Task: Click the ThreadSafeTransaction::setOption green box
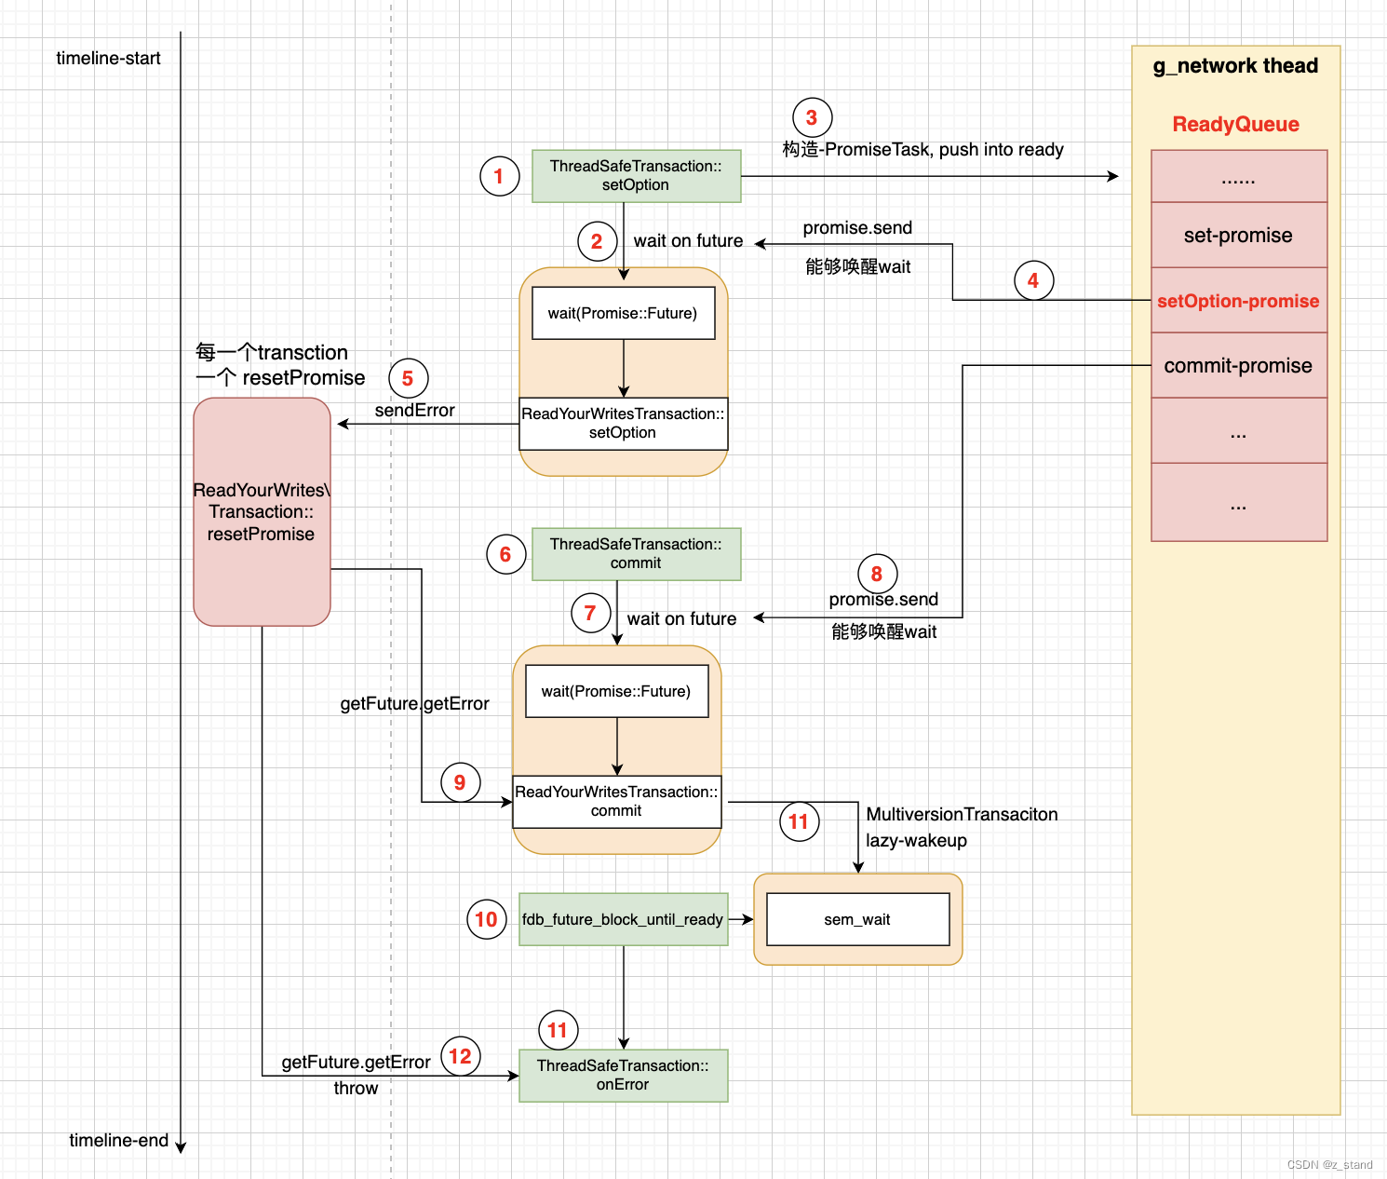click(636, 176)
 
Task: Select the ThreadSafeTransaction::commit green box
click(636, 554)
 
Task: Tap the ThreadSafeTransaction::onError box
click(623, 1076)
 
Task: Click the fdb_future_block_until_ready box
click(623, 919)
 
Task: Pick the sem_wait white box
click(857, 919)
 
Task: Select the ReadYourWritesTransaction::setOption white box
click(623, 424)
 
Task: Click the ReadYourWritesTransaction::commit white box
click(616, 802)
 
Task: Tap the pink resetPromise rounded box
click(262, 512)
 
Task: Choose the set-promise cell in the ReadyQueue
click(1238, 235)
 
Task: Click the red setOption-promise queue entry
click(1238, 301)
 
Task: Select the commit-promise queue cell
click(1238, 365)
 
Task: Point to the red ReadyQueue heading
click(1235, 124)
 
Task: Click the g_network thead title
click(1235, 65)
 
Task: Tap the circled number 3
click(812, 117)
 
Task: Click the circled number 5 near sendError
click(408, 378)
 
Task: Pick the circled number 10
click(486, 919)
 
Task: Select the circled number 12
click(460, 1056)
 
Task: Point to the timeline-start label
click(108, 58)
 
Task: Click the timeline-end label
click(118, 1140)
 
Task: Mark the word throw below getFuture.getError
click(356, 1088)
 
